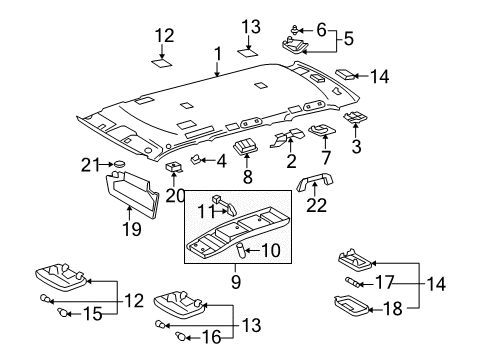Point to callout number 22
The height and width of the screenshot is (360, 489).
coord(317,206)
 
